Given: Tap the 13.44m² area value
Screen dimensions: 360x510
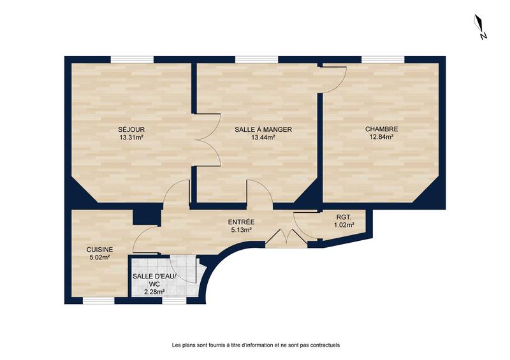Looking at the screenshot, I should click(263, 137).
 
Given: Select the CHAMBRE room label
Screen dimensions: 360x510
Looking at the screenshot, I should click(381, 129).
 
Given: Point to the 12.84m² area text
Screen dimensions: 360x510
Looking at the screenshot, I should click(381, 137).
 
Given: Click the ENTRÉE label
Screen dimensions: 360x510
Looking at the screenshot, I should click(240, 222).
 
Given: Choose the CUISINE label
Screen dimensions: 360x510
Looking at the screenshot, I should click(100, 250).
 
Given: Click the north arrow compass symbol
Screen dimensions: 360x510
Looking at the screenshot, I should click(481, 27).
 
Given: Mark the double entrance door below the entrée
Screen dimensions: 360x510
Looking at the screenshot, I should click(285, 236).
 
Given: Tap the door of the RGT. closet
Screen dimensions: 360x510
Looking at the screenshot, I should click(302, 225).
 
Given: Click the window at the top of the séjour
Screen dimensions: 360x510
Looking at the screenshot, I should click(132, 60).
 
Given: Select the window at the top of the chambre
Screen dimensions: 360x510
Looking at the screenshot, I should click(383, 60).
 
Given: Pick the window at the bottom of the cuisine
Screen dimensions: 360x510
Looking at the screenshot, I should click(99, 299).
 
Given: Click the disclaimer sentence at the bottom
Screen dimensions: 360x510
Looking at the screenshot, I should click(255, 345).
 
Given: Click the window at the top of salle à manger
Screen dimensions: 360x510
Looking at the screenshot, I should click(256, 60).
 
